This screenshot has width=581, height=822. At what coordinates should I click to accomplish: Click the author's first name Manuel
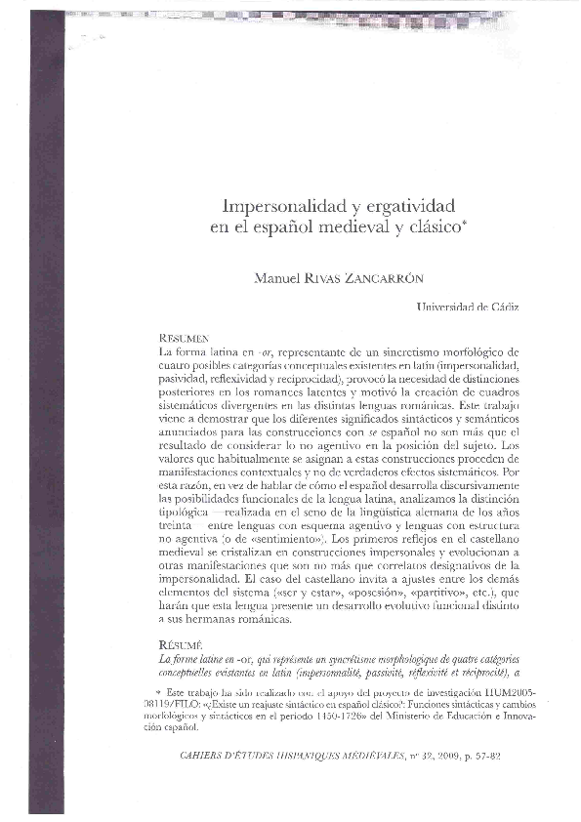pyautogui.click(x=277, y=277)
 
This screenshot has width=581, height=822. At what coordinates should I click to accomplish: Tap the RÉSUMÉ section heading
pyautogui.click(x=179, y=645)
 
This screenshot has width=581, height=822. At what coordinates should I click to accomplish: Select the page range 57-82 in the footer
pyautogui.click(x=502, y=755)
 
